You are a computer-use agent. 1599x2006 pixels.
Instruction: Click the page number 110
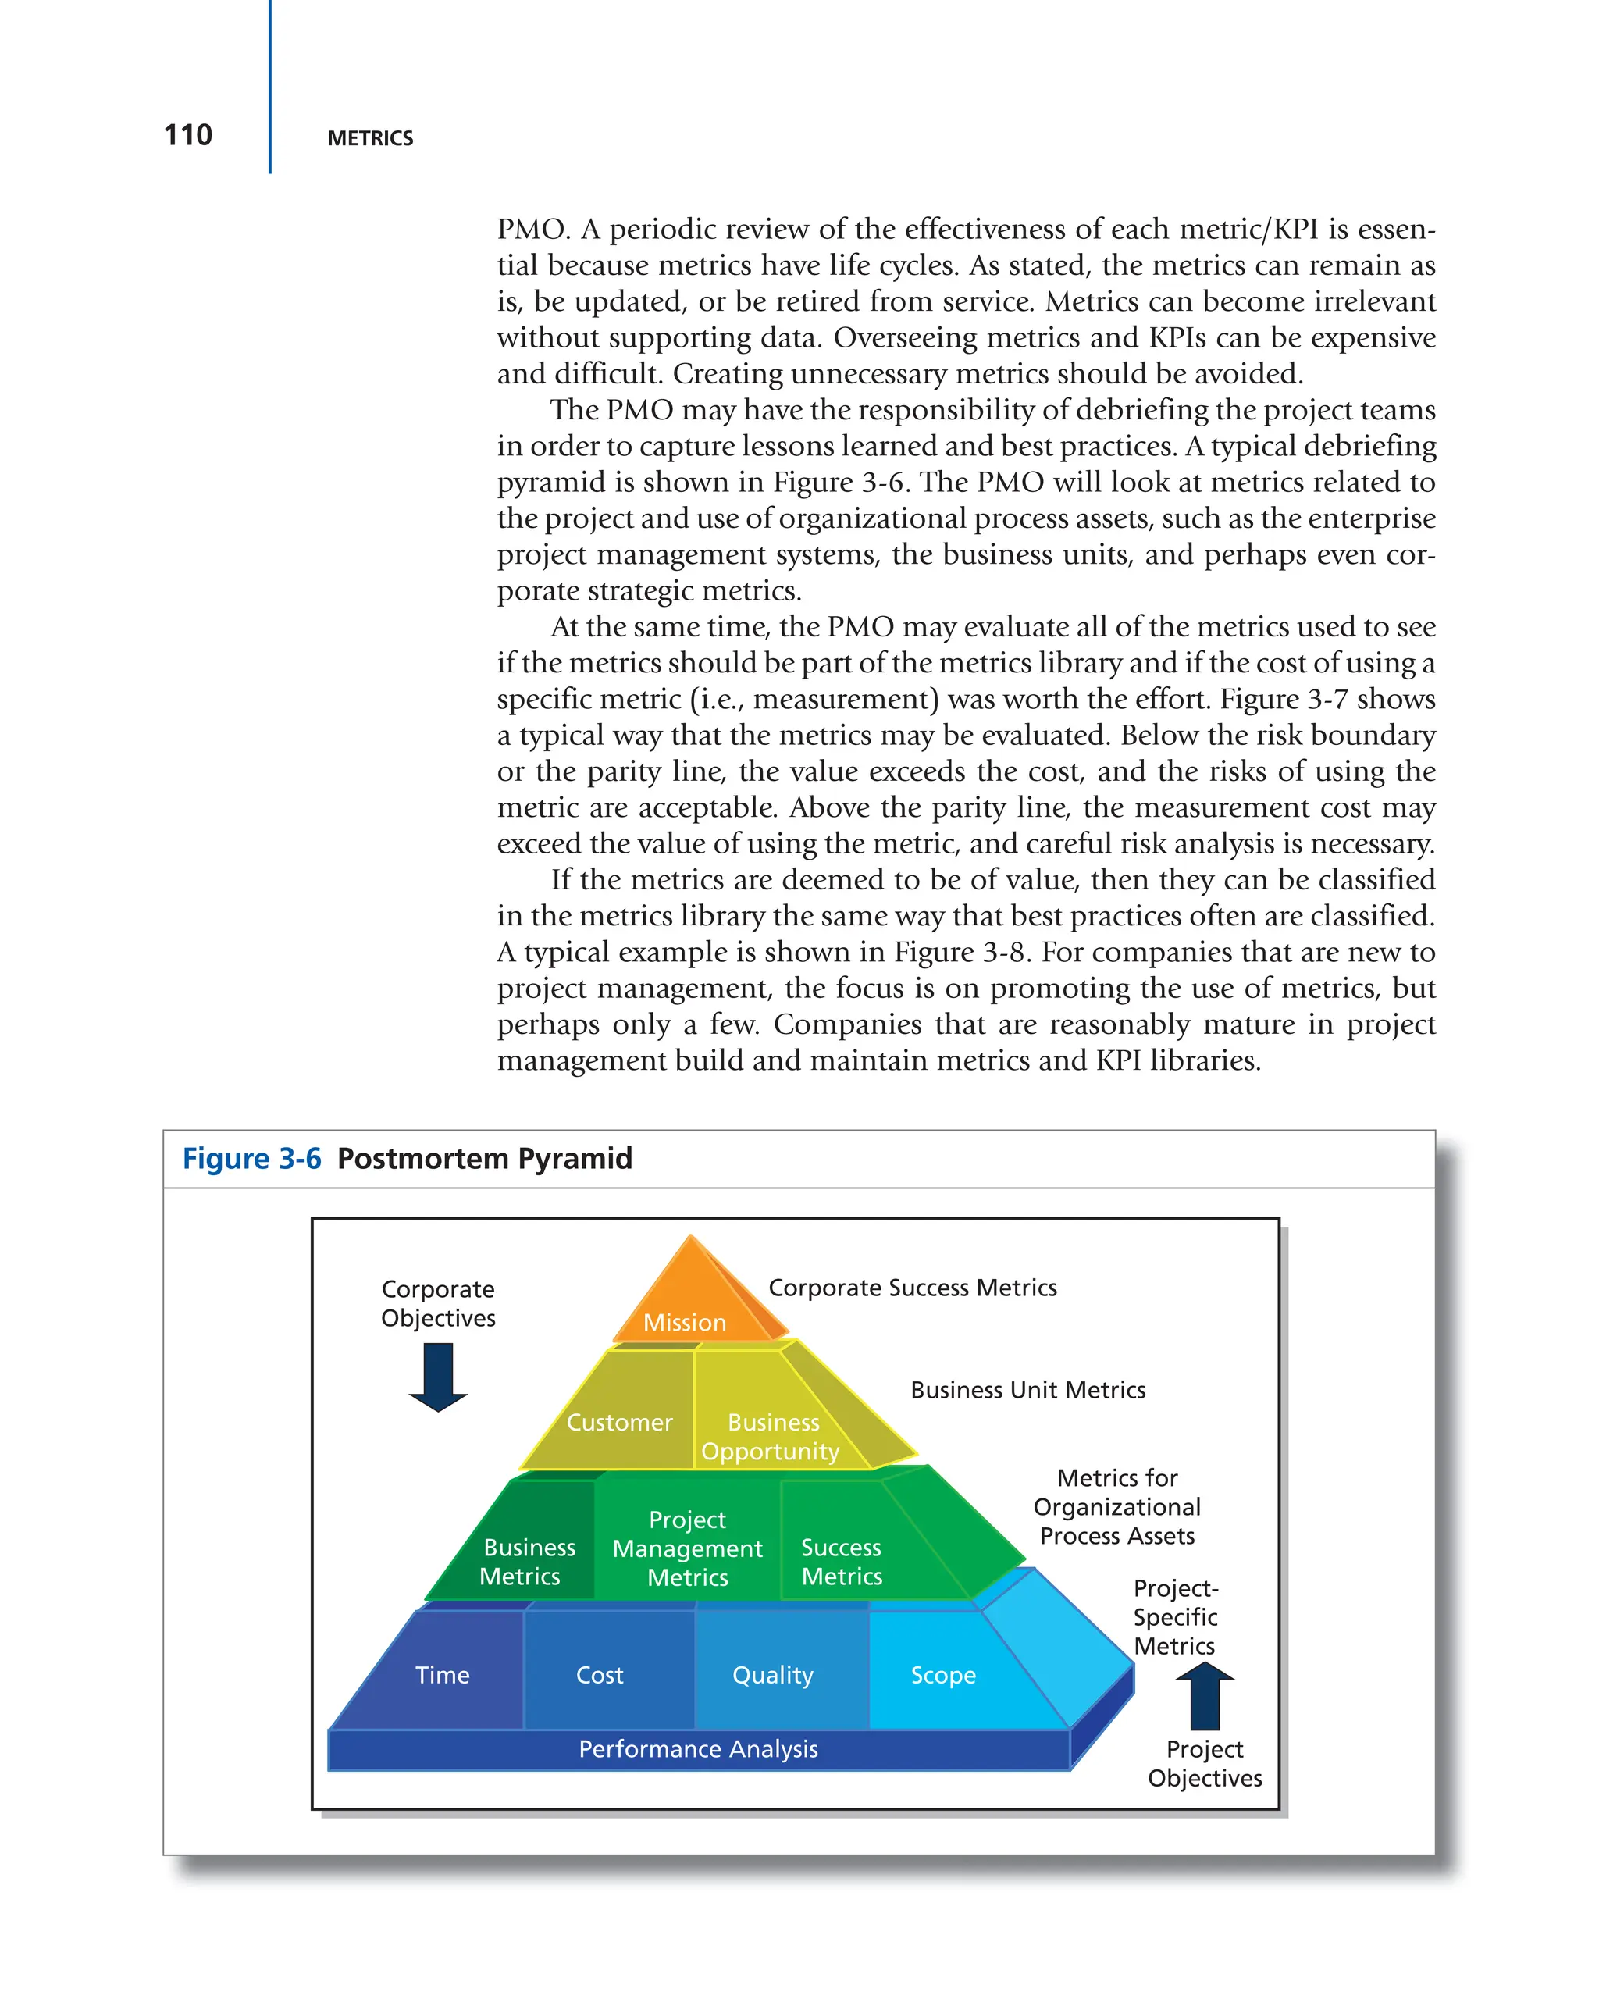pyautogui.click(x=188, y=135)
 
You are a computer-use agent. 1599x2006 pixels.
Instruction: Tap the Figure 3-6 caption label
pyautogui.click(x=251, y=1158)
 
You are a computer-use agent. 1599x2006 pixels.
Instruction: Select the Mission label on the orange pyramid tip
pyautogui.click(x=685, y=1322)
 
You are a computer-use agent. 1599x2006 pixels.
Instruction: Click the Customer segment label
pyautogui.click(x=618, y=1422)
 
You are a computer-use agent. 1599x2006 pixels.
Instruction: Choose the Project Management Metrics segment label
pyautogui.click(x=687, y=1548)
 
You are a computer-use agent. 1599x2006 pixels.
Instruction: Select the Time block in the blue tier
pyautogui.click(x=442, y=1675)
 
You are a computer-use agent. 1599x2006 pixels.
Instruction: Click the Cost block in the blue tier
pyautogui.click(x=599, y=1675)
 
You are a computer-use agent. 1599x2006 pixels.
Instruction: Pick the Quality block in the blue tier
pyautogui.click(x=772, y=1675)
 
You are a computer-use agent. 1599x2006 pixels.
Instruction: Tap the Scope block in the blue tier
pyautogui.click(x=943, y=1675)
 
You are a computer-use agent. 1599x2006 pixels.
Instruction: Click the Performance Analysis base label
pyautogui.click(x=698, y=1749)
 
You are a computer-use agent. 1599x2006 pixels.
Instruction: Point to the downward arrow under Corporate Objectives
pyautogui.click(x=438, y=1377)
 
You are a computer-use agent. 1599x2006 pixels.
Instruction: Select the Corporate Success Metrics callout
pyautogui.click(x=913, y=1288)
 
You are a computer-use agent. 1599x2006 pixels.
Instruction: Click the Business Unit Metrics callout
pyautogui.click(x=1027, y=1390)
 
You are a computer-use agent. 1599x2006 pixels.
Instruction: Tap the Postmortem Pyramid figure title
pyautogui.click(x=485, y=1158)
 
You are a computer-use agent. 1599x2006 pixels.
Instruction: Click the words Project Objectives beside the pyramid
pyautogui.click(x=1205, y=1763)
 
